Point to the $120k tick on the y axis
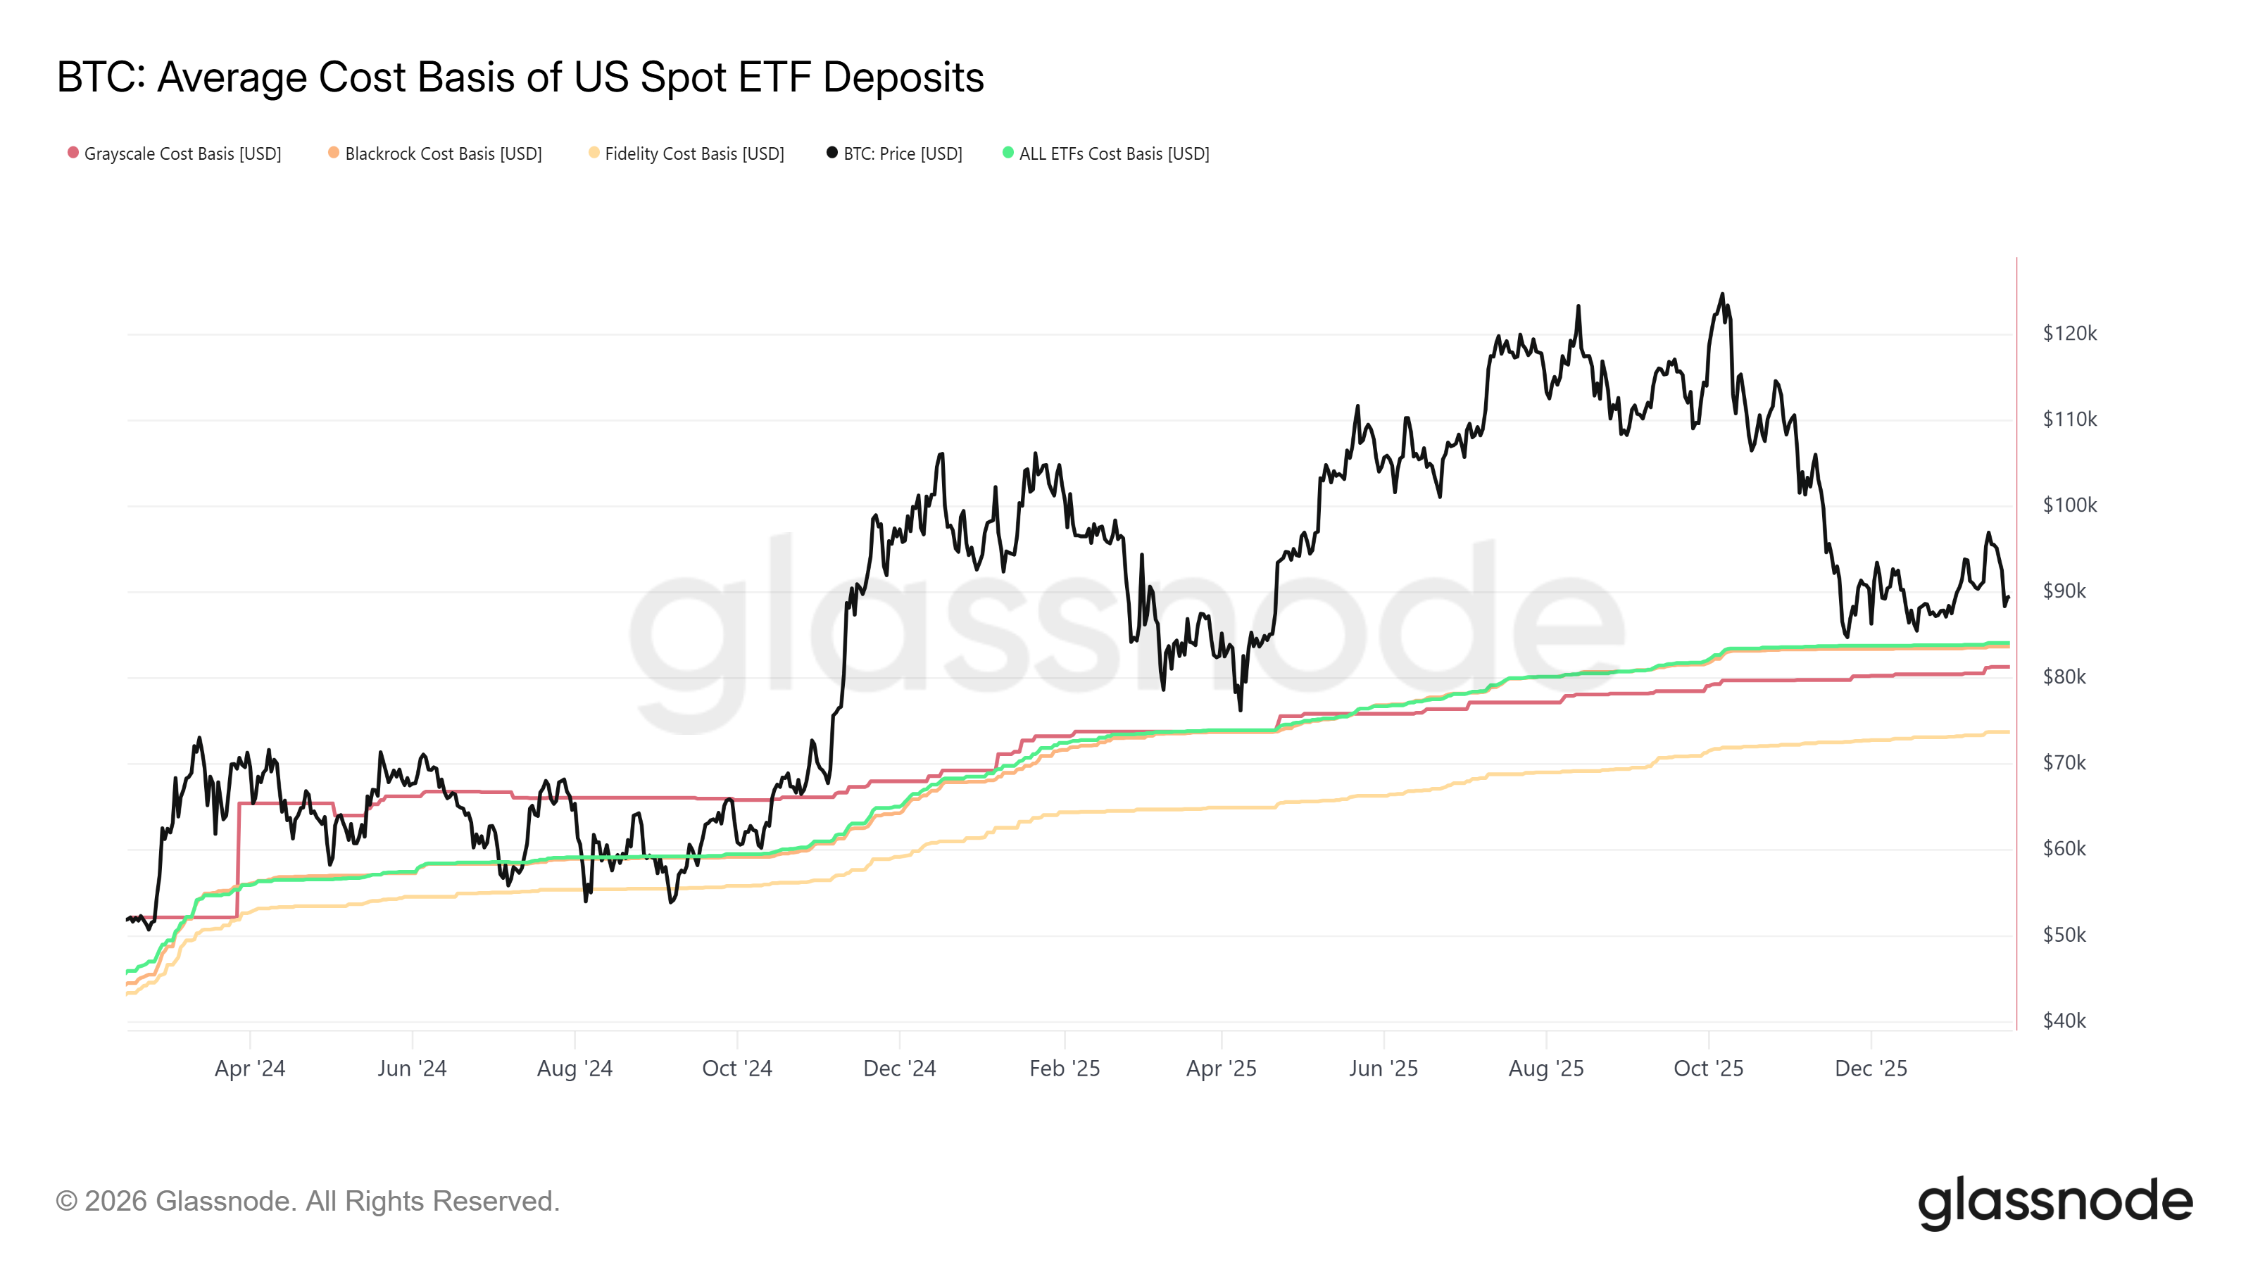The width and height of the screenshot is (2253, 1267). [x=2069, y=333]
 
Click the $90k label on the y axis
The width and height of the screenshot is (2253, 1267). [x=2064, y=591]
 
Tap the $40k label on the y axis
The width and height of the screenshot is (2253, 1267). [x=2064, y=1021]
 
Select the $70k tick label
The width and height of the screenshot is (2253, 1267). [x=2064, y=762]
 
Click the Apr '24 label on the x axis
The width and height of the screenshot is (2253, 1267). [x=250, y=1069]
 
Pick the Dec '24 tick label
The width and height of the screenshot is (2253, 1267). [x=899, y=1069]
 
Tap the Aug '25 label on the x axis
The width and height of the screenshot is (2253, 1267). [x=1545, y=1069]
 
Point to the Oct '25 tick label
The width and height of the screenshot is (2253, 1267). [x=1708, y=1069]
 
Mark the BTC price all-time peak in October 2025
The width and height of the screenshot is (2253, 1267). [x=1722, y=295]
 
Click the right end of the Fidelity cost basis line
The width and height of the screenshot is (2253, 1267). [x=2008, y=732]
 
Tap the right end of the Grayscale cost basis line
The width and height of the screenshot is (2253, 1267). [x=2008, y=667]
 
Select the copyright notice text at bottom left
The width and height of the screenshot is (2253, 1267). [x=308, y=1202]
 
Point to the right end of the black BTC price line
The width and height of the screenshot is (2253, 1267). [x=2008, y=598]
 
